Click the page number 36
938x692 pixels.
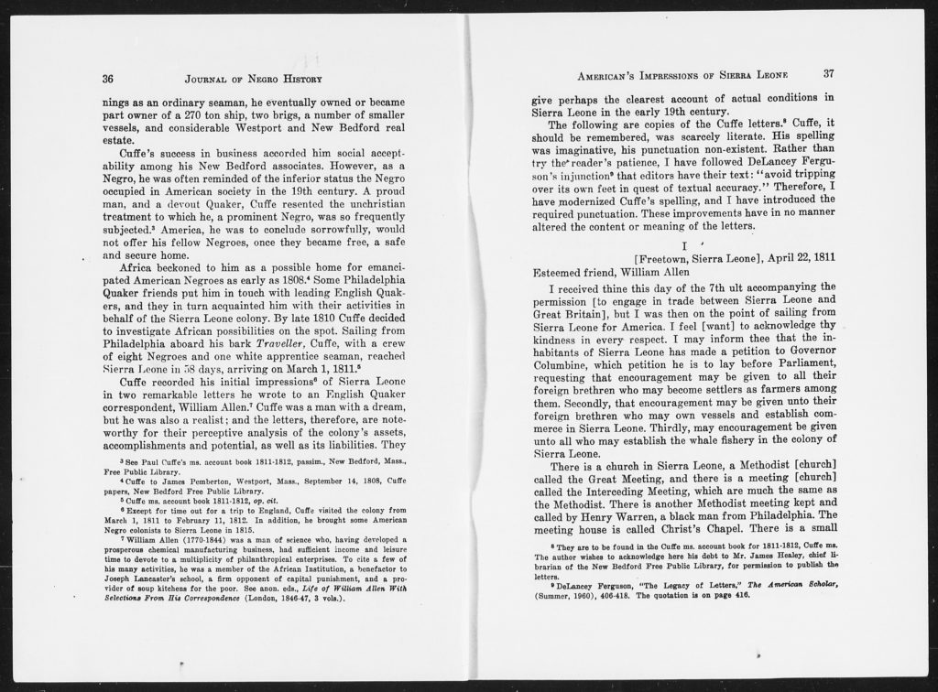point(108,79)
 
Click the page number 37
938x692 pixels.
point(829,73)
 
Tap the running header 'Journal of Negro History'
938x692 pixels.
point(252,79)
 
